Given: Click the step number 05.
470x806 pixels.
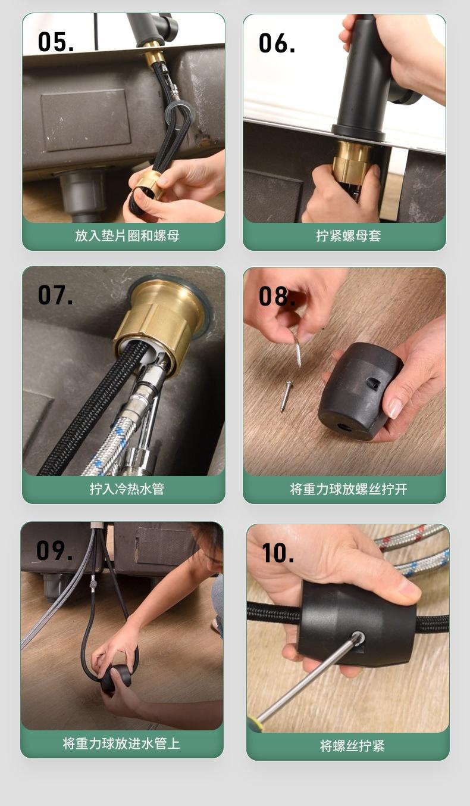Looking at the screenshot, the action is [x=56, y=42].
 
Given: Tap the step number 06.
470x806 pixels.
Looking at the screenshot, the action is [x=277, y=43].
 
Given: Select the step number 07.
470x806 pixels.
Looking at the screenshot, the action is [x=55, y=295].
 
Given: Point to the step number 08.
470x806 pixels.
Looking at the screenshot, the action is [x=277, y=296].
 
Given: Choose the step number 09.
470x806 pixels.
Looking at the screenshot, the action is [x=54, y=550].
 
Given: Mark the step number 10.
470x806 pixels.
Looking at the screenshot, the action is [x=278, y=553].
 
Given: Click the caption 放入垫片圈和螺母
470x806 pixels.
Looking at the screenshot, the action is [x=127, y=236].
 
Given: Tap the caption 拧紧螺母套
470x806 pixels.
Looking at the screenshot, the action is [x=349, y=236].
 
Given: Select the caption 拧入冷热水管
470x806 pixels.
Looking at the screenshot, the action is [x=127, y=489].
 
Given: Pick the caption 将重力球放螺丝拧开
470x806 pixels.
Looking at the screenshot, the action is [x=349, y=489].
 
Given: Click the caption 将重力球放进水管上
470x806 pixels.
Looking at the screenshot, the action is [x=121, y=743].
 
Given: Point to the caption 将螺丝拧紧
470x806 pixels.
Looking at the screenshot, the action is [x=352, y=746].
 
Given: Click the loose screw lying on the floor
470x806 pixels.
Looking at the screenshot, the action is [x=286, y=397].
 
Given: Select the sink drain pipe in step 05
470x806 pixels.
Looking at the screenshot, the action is [x=83, y=194].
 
